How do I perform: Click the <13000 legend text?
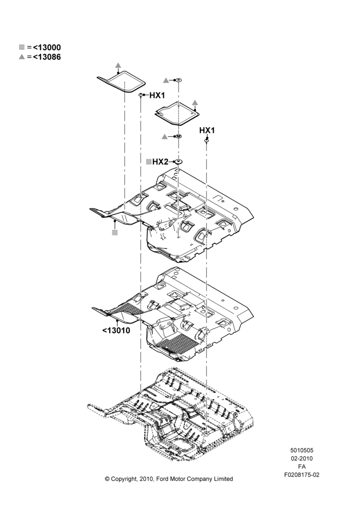click(x=47, y=47)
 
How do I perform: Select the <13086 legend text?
click(x=47, y=57)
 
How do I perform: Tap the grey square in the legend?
click(x=22, y=47)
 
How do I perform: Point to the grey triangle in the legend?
click(x=22, y=57)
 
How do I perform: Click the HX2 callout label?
click(x=160, y=162)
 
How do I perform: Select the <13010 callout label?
click(x=116, y=331)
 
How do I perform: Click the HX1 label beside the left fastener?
click(x=157, y=96)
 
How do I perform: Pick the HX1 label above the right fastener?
click(x=207, y=130)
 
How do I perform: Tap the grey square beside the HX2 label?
click(x=149, y=162)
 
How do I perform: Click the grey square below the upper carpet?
click(x=114, y=232)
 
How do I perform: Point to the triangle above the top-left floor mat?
click(x=118, y=65)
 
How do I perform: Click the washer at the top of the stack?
click(x=178, y=80)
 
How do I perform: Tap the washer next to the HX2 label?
click(x=178, y=162)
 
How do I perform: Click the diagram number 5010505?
click(x=302, y=450)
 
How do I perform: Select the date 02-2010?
click(x=302, y=458)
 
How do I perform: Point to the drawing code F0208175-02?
click(x=302, y=475)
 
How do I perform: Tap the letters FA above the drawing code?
click(x=302, y=467)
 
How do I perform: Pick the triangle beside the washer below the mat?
click(x=165, y=137)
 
